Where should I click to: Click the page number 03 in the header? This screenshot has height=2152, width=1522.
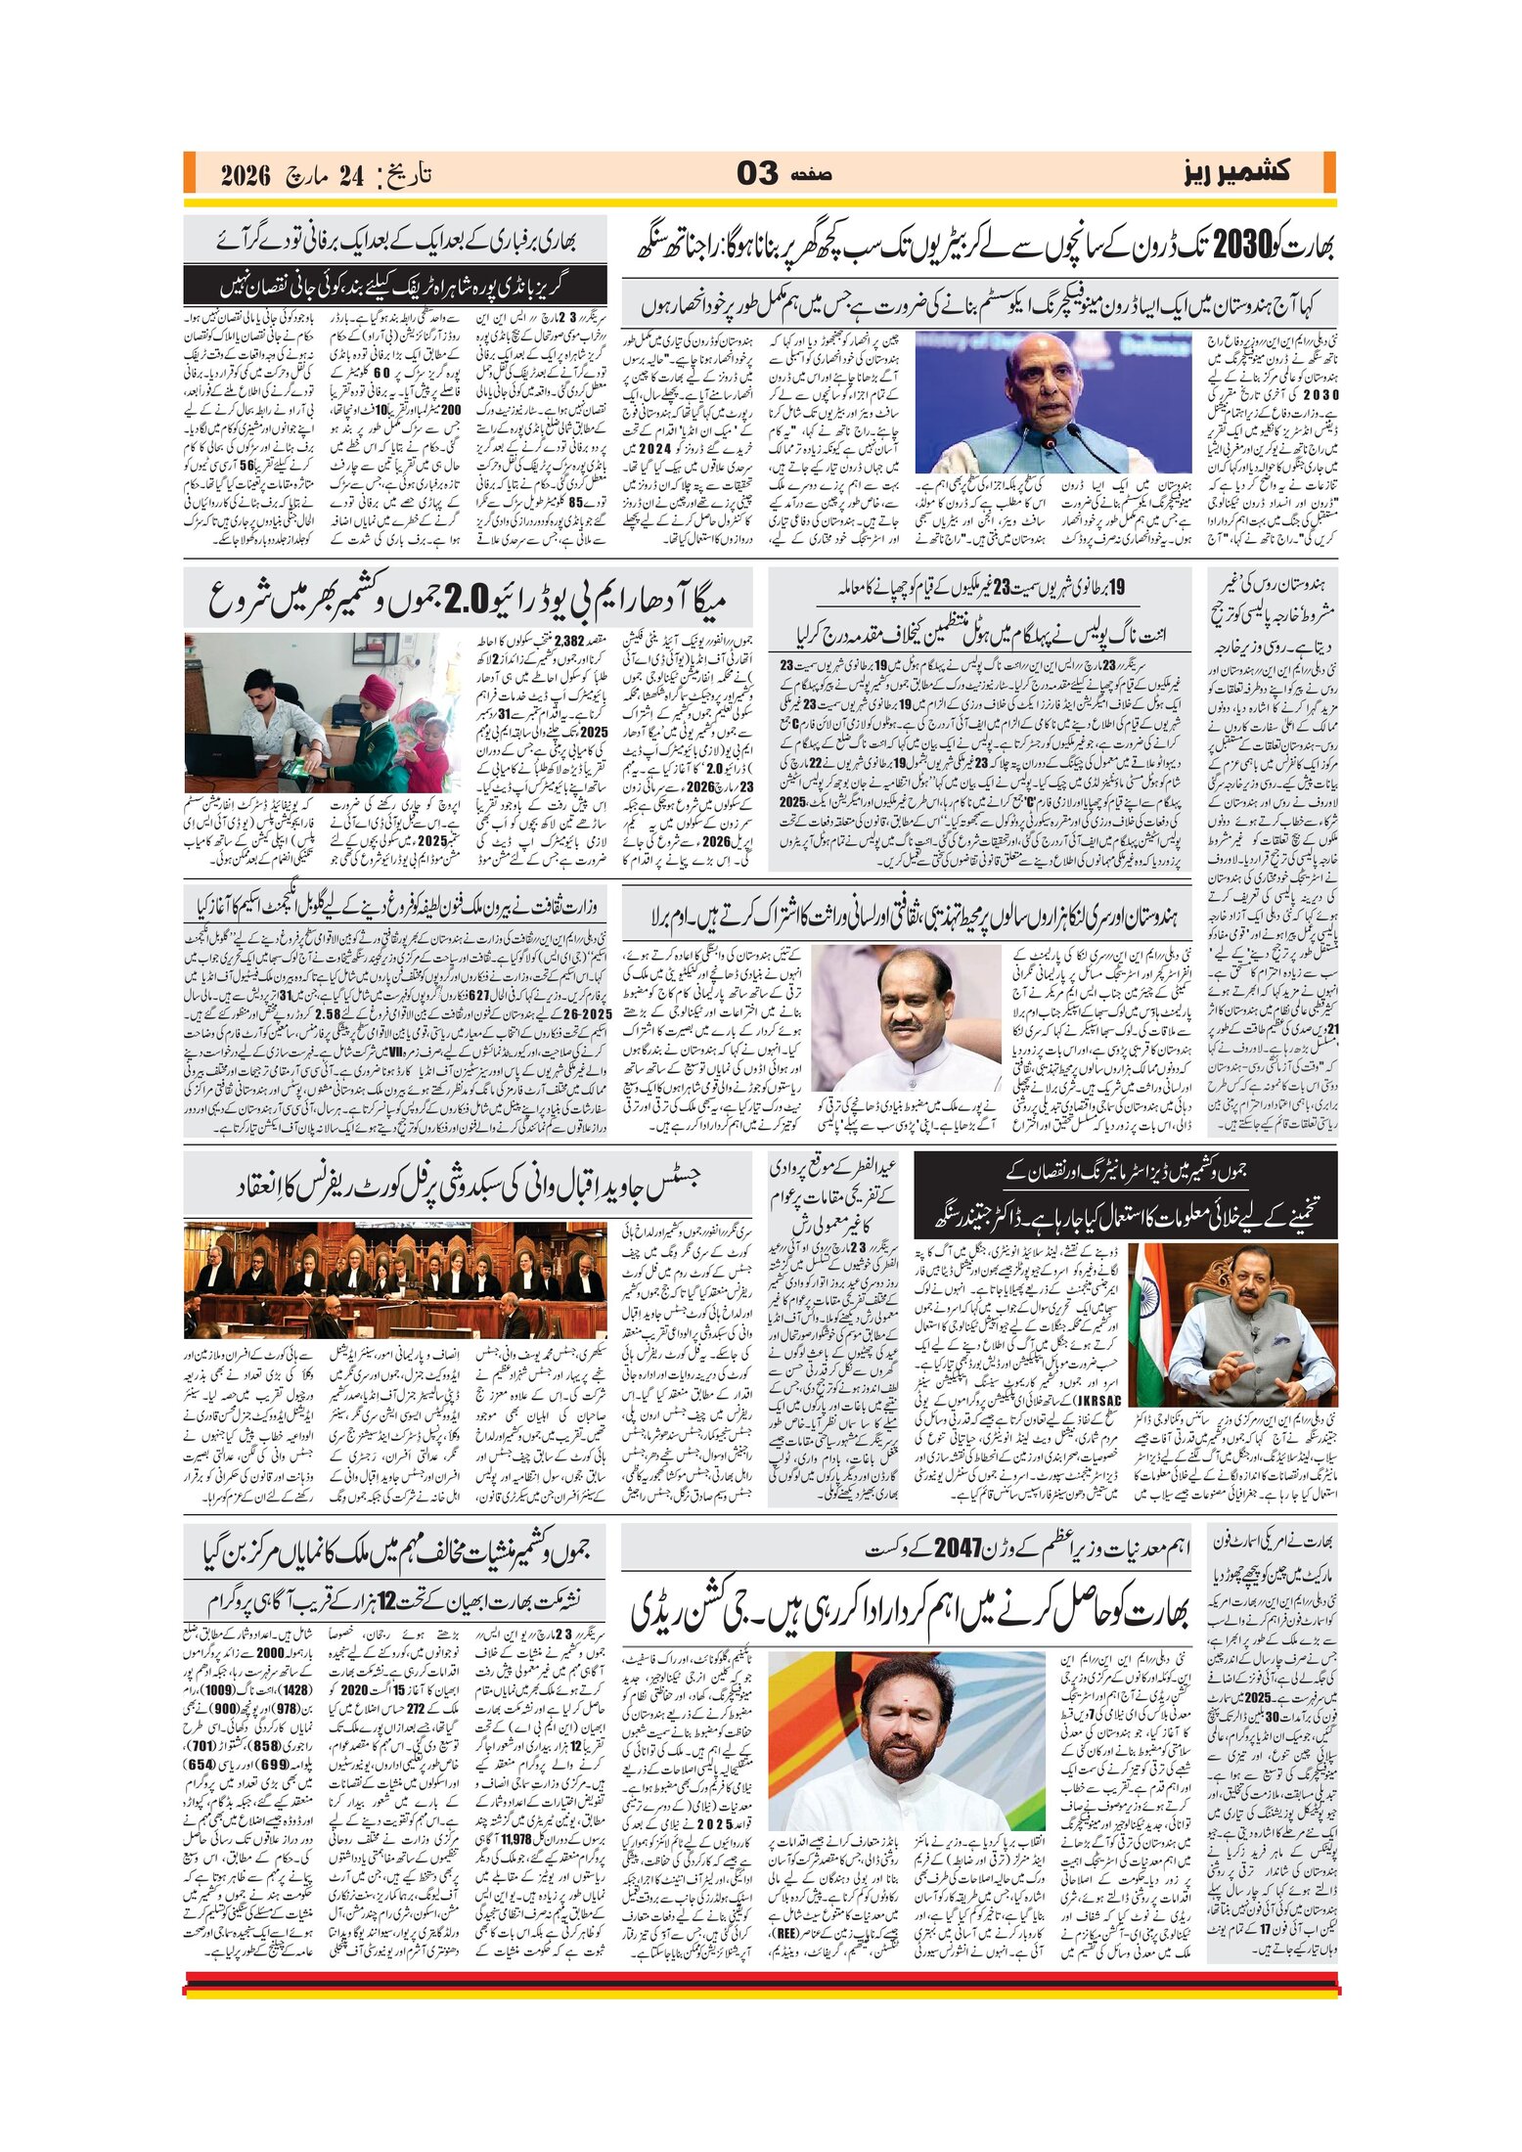pos(756,174)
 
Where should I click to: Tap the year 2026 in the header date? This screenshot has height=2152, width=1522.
pos(245,176)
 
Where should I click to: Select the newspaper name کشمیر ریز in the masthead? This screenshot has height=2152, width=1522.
pos(1236,173)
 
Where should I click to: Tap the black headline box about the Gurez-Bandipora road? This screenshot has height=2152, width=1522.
pos(395,287)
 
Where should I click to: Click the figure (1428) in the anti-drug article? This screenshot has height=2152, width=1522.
pos(295,1689)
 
